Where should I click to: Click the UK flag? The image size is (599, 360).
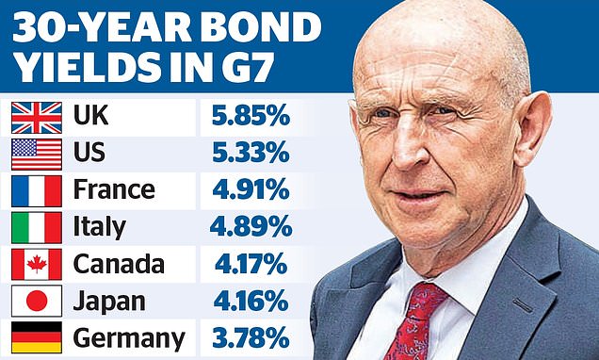pyautogui.click(x=37, y=118)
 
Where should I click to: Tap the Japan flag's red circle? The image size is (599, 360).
pyautogui.click(x=37, y=301)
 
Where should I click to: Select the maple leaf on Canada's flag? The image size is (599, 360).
pyautogui.click(x=37, y=264)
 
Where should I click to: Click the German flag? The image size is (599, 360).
pyautogui.click(x=37, y=337)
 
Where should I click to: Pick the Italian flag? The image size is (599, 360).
pyautogui.click(x=37, y=228)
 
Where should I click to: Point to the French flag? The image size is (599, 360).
pyautogui.click(x=37, y=191)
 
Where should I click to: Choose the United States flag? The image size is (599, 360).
pyautogui.click(x=37, y=155)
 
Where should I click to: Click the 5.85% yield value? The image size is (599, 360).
pyautogui.click(x=251, y=116)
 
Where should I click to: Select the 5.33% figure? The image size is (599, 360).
pyautogui.click(x=251, y=153)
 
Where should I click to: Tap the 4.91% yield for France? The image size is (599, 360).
pyautogui.click(x=251, y=189)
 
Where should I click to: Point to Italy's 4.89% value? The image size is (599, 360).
pyautogui.click(x=251, y=226)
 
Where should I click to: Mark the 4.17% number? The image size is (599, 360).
pyautogui.click(x=251, y=263)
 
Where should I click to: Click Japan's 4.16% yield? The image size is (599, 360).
pyautogui.click(x=251, y=300)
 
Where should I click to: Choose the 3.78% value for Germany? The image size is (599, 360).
pyautogui.click(x=251, y=336)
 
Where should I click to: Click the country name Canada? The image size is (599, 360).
pyautogui.click(x=119, y=264)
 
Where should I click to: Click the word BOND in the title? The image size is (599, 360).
pyautogui.click(x=261, y=28)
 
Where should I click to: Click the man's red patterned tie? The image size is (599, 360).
pyautogui.click(x=414, y=321)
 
